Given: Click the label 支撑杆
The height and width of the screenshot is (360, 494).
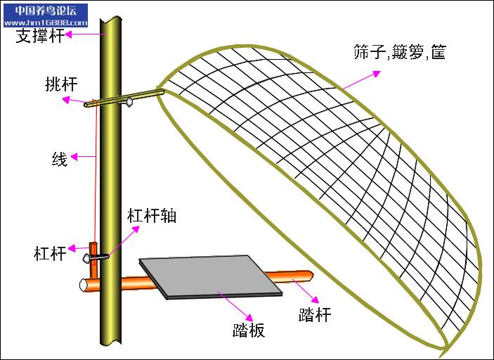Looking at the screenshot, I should pos(40,36).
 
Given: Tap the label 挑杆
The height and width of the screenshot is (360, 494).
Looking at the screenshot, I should pos(59,85).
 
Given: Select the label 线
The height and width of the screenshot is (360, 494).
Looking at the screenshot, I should pos(60,159).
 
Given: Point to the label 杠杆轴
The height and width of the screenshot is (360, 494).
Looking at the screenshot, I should pos(151,215).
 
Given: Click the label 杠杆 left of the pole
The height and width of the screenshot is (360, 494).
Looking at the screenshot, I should pos(50,253).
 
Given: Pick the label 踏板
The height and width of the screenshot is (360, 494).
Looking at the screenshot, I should pos(249,329).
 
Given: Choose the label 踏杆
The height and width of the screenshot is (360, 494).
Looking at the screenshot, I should pos(315,314).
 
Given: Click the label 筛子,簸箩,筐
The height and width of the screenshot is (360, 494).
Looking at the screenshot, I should pos(400,52).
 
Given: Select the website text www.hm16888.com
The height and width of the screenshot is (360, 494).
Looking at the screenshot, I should pos(45,22).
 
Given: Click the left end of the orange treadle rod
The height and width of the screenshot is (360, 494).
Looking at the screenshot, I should pos(83,284).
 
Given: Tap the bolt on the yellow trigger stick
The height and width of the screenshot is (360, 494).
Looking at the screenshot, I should pos(131,101).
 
